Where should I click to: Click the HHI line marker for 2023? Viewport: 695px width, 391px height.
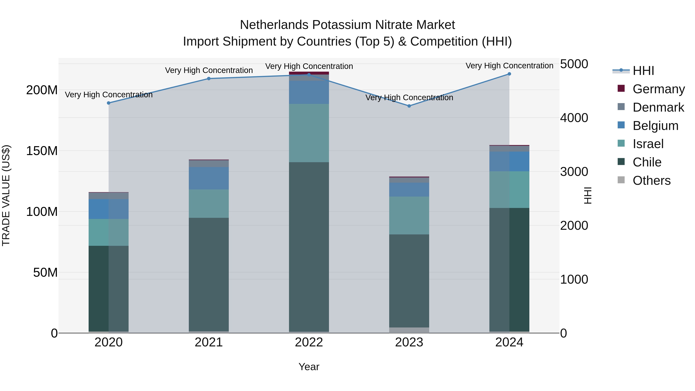click(409, 106)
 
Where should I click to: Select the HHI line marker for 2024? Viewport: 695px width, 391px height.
click(509, 74)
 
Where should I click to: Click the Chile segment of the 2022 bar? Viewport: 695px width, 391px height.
click(309, 247)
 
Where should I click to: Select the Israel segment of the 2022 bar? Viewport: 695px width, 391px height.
click(309, 133)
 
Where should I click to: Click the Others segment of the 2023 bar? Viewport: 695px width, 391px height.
click(409, 330)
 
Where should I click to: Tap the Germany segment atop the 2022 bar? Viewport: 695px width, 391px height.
click(309, 73)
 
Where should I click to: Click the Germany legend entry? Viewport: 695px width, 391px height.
click(658, 89)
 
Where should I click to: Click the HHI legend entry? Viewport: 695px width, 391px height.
click(643, 71)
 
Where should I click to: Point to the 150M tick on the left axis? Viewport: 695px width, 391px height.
click(42, 151)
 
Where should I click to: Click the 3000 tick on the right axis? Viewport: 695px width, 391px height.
click(574, 172)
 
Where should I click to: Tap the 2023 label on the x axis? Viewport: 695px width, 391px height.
click(409, 342)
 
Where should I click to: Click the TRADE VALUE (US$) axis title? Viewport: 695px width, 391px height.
click(6, 196)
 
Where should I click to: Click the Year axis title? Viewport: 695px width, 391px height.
click(309, 367)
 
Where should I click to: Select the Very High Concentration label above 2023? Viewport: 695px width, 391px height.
click(409, 98)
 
